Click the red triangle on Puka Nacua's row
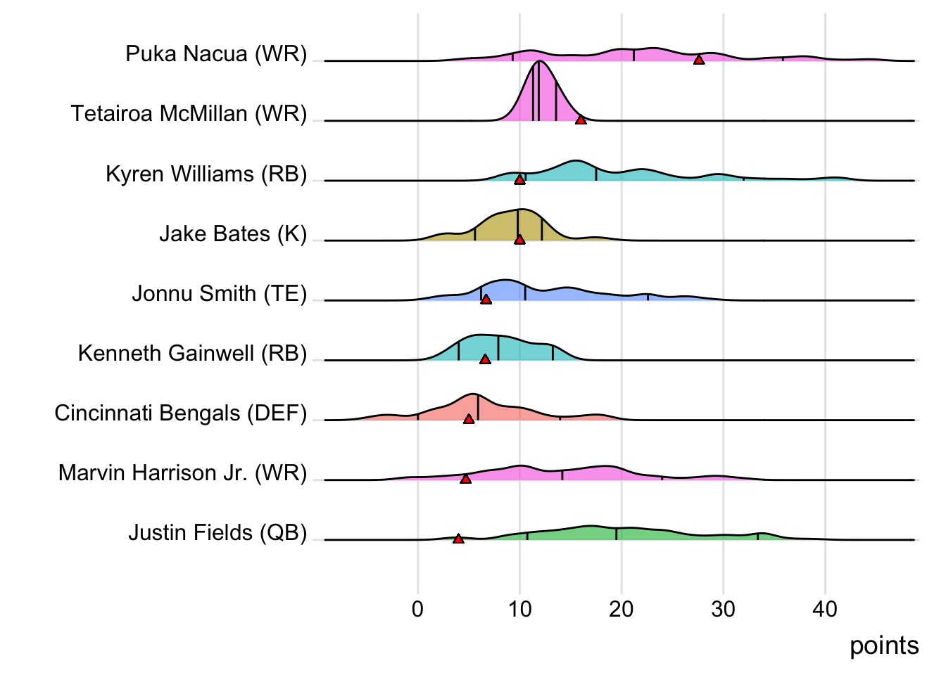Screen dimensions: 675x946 click(699, 60)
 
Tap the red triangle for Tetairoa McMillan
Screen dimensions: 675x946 click(581, 120)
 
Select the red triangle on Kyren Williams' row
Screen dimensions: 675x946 click(519, 179)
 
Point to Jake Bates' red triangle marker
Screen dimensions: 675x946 click(519, 239)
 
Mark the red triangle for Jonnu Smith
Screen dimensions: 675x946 click(486, 299)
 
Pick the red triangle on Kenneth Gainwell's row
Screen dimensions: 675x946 click(485, 359)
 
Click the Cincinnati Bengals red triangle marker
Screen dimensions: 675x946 click(469, 418)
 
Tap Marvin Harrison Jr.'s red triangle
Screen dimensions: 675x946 click(465, 478)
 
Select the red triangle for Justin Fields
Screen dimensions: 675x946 click(458, 539)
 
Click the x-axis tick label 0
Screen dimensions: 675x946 click(417, 609)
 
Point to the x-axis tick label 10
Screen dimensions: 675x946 click(519, 609)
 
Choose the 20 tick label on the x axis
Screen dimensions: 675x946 click(622, 609)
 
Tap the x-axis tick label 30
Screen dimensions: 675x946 click(724, 609)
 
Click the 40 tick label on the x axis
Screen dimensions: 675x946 click(825, 609)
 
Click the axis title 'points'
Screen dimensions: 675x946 click(883, 645)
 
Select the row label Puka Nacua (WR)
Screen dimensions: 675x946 click(216, 53)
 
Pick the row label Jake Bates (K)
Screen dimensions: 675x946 click(233, 233)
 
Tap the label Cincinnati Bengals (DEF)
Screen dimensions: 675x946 click(181, 413)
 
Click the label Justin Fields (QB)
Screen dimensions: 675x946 click(217, 532)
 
